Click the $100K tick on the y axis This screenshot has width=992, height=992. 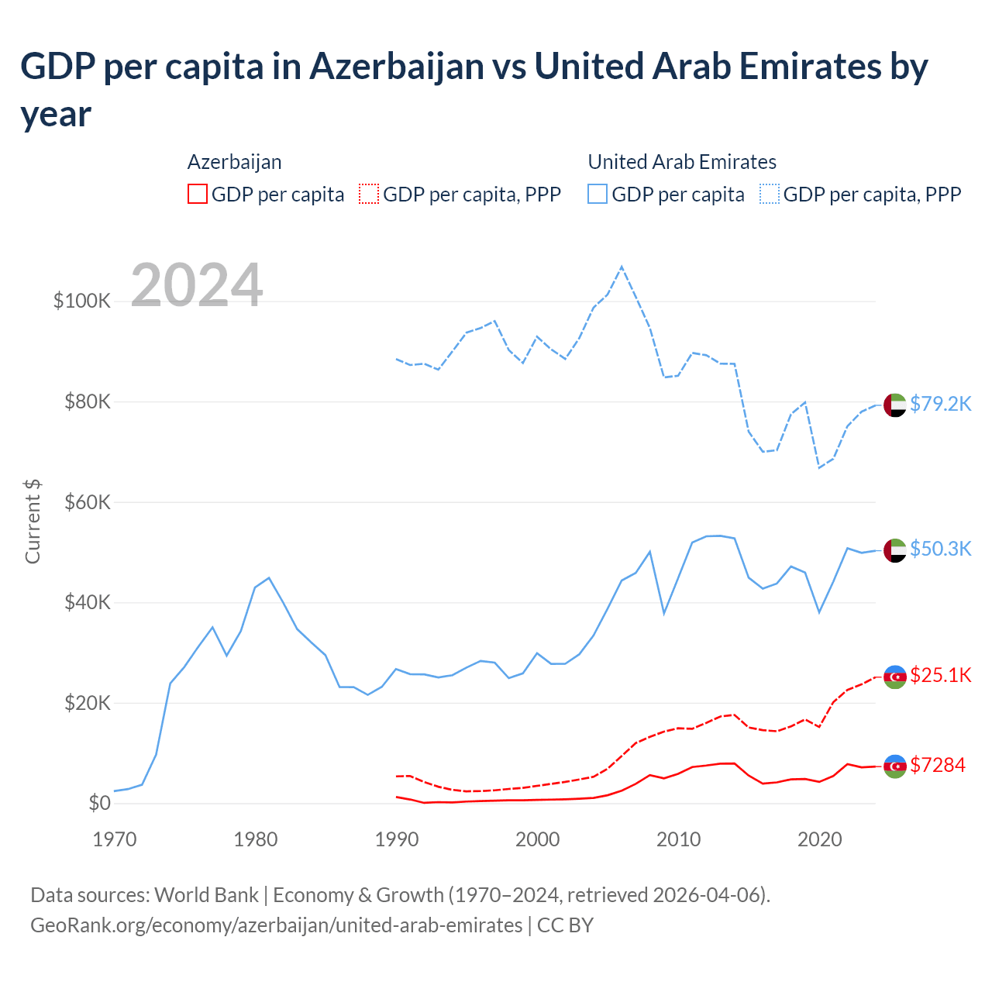click(82, 301)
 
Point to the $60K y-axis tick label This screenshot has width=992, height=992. click(86, 502)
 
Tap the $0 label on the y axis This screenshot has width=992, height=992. click(99, 803)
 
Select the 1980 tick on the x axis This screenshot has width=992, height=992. click(256, 839)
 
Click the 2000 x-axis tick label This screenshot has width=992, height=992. click(538, 839)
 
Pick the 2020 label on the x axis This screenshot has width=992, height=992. click(820, 839)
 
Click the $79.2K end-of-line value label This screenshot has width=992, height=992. click(940, 404)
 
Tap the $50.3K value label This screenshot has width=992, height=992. click(940, 549)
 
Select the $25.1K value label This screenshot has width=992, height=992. click(940, 675)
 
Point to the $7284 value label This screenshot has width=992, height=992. click(937, 765)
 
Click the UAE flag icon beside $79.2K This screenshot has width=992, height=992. click(895, 405)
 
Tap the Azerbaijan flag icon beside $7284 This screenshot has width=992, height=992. click(895, 766)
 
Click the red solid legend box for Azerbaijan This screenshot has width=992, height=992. click(198, 194)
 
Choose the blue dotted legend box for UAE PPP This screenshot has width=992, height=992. click(770, 194)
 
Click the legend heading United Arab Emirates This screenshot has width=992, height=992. click(682, 162)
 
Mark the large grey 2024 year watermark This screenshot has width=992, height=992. click(197, 285)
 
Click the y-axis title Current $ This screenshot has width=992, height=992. click(33, 521)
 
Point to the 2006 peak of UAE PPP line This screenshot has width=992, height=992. click(622, 267)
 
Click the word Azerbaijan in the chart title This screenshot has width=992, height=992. click(397, 67)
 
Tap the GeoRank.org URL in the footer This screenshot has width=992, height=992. click(276, 925)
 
